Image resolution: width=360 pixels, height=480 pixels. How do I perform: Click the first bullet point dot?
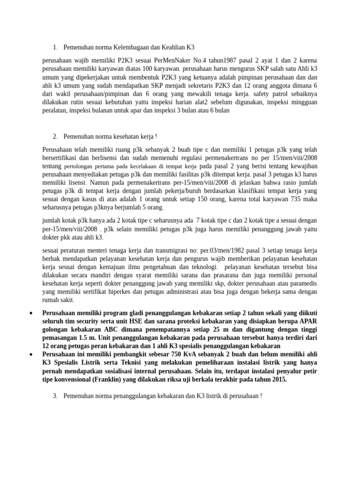pos(30,313)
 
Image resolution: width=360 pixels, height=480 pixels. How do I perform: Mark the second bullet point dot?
pos(30,354)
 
